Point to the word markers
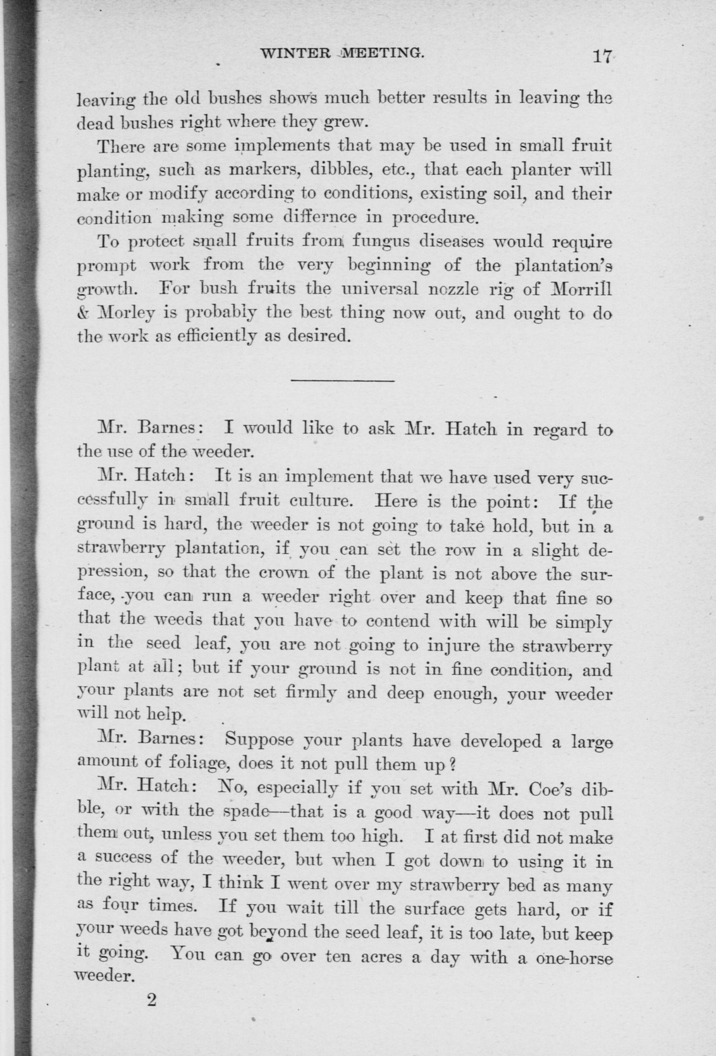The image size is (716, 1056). point(260,170)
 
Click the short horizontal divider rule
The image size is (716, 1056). point(343,380)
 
